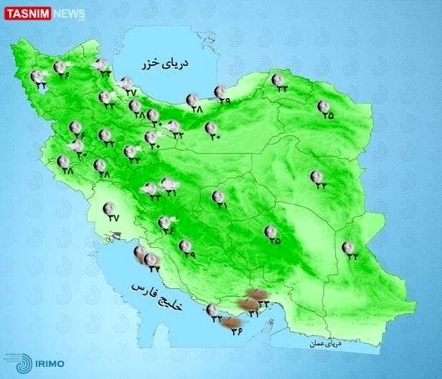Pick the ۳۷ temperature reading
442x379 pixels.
[113, 219]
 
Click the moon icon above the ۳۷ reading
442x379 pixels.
[110, 208]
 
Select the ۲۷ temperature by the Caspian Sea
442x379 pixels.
[130, 92]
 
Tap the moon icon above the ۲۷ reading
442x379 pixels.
[126, 82]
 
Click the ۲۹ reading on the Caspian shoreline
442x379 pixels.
[225, 102]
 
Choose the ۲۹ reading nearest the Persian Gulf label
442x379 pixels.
[189, 254]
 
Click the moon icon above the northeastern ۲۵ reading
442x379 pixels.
[324, 106]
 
